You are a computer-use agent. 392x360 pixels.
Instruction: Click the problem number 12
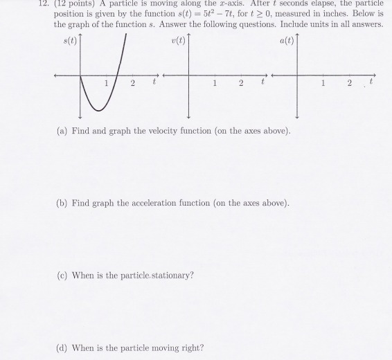point(6,3)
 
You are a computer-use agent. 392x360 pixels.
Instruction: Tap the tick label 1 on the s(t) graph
point(106,84)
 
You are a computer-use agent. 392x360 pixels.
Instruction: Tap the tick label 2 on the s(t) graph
point(132,84)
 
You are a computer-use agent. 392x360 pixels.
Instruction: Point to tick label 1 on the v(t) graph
point(215,84)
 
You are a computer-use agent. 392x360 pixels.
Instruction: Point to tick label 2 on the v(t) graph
point(240,84)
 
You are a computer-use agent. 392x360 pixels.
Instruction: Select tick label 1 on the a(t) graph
point(323,84)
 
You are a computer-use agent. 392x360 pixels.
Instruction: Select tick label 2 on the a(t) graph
point(350,84)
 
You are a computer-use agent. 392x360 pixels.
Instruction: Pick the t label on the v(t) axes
point(262,84)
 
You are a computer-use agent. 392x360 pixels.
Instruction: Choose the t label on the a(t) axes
point(372,84)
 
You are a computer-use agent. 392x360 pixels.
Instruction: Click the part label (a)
point(62,131)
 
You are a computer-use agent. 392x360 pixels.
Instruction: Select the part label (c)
point(62,275)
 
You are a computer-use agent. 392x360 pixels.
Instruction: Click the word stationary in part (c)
point(170,275)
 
